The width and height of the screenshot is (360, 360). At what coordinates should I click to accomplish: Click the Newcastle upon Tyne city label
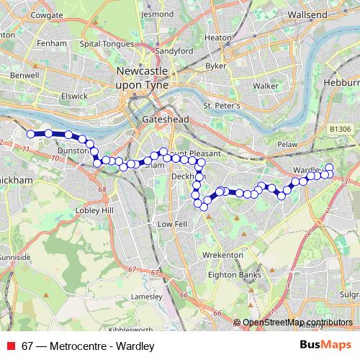[142, 78]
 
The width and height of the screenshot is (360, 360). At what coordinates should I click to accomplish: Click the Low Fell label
[172, 224]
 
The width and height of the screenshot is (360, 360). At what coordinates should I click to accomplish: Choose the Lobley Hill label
[97, 210]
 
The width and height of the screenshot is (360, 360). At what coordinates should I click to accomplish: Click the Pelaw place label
[288, 145]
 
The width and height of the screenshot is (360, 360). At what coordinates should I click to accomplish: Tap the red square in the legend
[11, 346]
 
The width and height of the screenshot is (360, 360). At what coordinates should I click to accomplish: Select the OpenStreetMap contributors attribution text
[297, 323]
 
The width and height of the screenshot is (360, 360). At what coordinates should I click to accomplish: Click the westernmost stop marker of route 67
[31, 134]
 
